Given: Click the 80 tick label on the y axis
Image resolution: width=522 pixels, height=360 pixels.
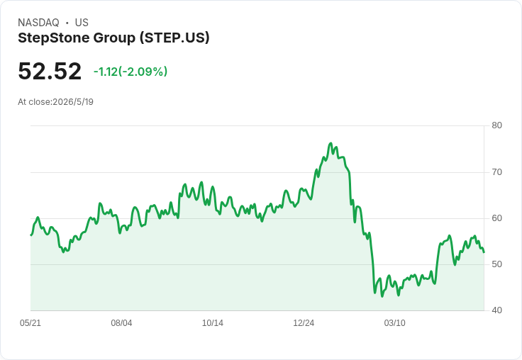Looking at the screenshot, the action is click(x=496, y=125).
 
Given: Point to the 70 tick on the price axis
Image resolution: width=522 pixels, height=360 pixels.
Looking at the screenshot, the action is click(x=496, y=172).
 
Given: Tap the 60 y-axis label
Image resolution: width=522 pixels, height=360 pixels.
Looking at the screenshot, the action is click(x=496, y=218).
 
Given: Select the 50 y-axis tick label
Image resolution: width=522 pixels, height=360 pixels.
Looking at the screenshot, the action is click(x=496, y=264).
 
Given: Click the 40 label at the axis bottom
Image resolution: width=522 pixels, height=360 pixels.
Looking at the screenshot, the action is click(x=496, y=310).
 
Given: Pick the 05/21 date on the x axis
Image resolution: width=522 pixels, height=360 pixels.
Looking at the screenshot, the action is click(x=30, y=323).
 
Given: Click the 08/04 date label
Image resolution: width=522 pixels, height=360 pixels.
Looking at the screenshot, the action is click(x=121, y=323).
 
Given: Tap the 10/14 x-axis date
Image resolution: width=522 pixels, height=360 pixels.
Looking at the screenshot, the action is click(x=213, y=323).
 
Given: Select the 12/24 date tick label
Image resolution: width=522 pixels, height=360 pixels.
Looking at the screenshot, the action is click(x=304, y=323).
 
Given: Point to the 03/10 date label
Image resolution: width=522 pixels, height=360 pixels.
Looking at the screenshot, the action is click(x=395, y=323).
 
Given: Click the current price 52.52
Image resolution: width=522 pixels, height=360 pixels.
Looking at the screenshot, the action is click(x=50, y=71).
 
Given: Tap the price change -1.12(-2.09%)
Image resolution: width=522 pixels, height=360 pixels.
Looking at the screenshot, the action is click(x=130, y=72).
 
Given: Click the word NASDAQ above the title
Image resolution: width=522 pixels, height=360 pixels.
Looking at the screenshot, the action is click(x=38, y=23).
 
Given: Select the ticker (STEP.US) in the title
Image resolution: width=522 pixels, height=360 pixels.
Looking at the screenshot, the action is click(x=174, y=38).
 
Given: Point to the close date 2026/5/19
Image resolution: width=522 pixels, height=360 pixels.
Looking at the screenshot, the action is click(x=73, y=102).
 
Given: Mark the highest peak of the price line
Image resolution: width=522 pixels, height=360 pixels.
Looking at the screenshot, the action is click(x=331, y=143).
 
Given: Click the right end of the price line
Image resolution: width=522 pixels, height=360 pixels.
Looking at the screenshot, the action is click(x=484, y=252).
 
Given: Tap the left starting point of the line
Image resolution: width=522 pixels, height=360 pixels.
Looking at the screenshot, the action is click(x=31, y=235).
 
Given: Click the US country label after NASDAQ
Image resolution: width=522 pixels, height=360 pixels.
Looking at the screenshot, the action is click(x=82, y=23).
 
